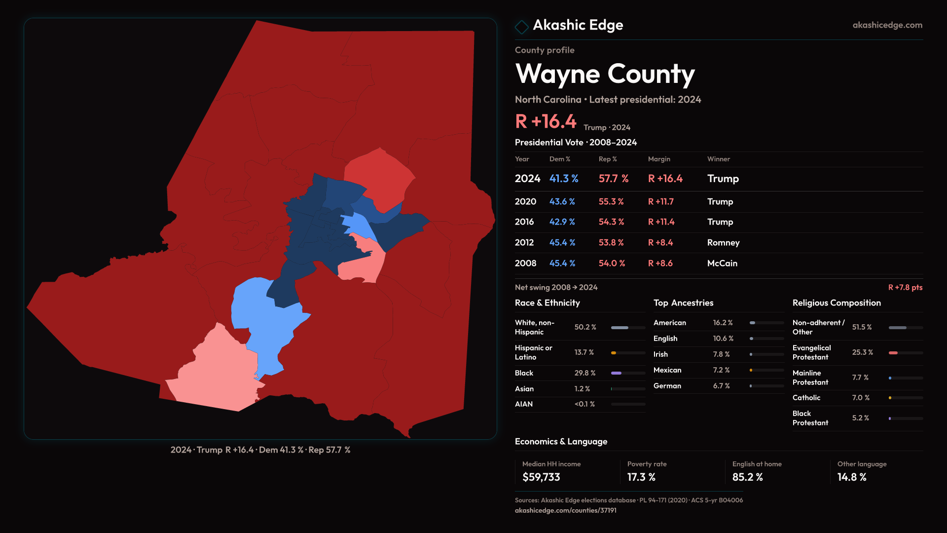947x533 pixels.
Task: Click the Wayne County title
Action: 605,74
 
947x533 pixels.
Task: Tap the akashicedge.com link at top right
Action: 887,25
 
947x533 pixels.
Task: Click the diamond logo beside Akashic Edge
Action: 521,26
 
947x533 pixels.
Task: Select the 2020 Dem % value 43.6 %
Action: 562,202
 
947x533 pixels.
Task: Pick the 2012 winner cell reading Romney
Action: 723,243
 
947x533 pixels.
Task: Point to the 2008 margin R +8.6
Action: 660,264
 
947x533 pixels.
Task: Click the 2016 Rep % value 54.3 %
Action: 611,222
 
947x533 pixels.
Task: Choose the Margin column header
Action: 659,159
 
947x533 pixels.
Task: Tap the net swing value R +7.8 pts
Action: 905,287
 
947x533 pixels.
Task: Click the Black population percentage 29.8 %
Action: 584,373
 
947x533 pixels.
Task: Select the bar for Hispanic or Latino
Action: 628,353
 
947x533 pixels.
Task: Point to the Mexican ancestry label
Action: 667,370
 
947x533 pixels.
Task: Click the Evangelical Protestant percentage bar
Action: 905,353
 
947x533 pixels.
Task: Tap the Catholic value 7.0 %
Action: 861,398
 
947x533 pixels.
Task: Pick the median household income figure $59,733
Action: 541,477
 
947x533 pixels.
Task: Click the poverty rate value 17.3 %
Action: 641,477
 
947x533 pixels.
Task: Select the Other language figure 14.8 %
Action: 852,477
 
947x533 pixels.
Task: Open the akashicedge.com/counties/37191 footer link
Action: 565,510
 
